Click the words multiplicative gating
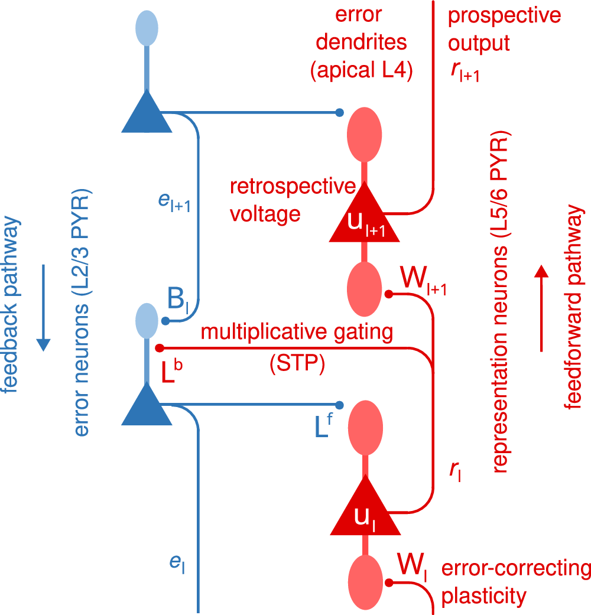297,332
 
